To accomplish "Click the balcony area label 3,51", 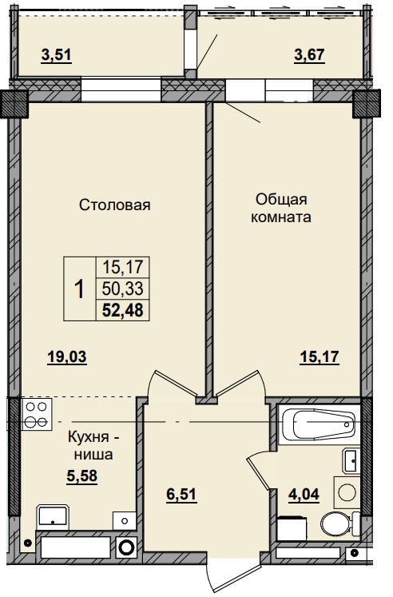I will (x=56, y=55).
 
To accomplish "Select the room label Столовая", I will (x=115, y=205).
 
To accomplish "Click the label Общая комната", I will (x=281, y=207).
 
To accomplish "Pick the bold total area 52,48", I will (x=123, y=309).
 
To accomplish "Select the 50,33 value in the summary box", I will (x=123, y=288).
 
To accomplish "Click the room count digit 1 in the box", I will (x=79, y=289).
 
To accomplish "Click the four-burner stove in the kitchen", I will (x=35, y=413).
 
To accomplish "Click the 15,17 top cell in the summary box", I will (x=123, y=266).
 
